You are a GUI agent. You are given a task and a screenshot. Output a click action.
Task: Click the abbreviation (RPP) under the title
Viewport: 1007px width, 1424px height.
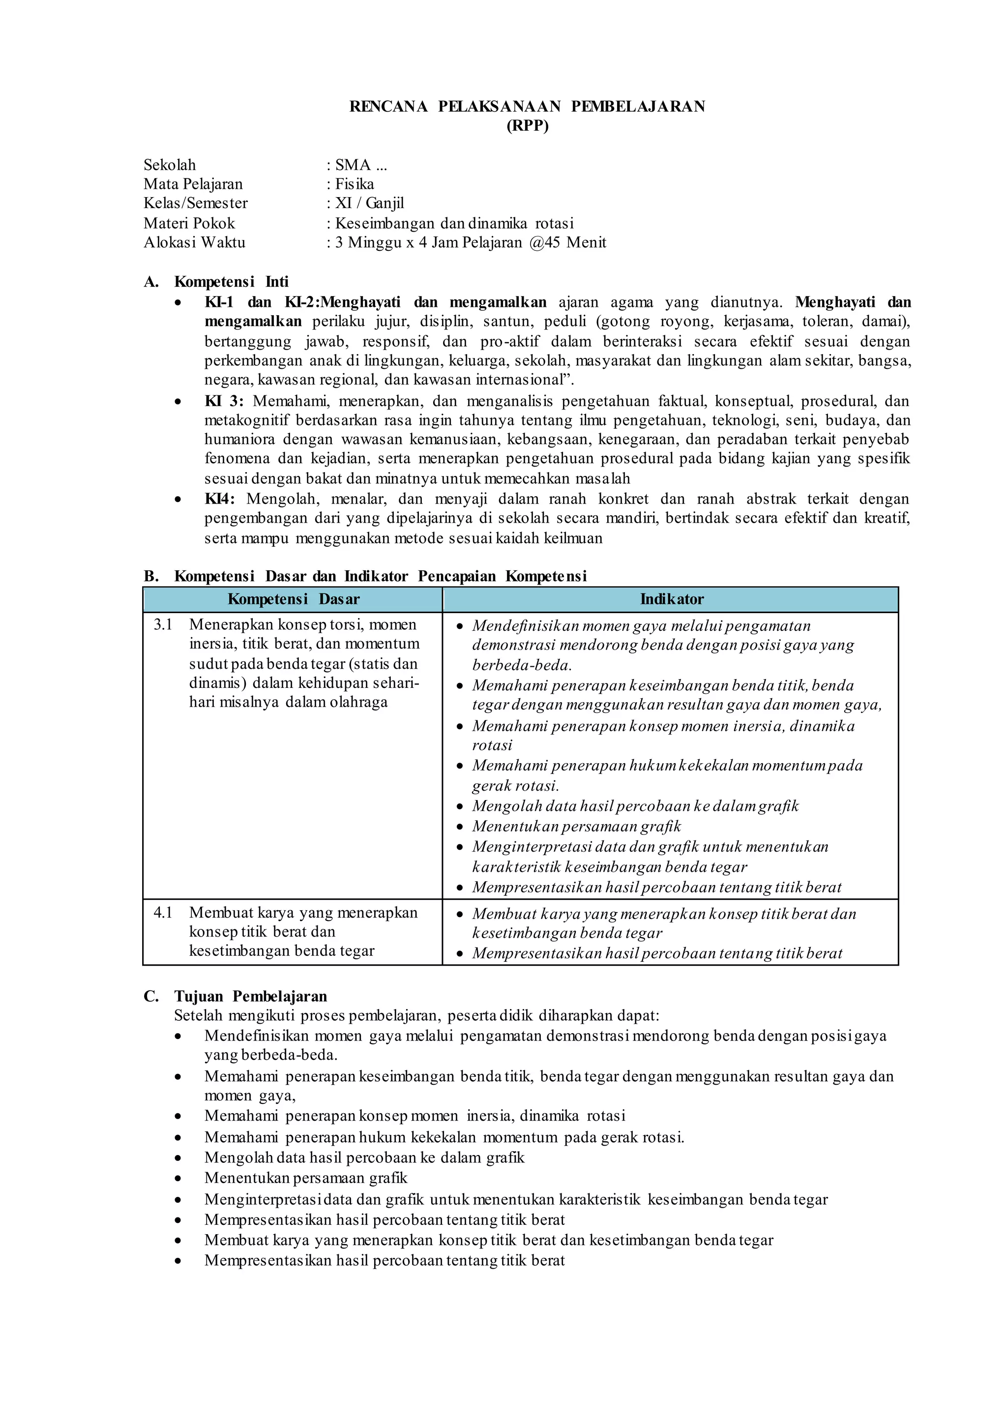527,126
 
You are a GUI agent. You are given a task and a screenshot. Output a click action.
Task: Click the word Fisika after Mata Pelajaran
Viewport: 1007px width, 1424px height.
355,184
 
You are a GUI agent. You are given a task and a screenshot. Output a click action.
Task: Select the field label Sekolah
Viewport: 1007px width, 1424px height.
169,165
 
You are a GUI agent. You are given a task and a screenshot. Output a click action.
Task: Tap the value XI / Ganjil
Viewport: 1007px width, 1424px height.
370,204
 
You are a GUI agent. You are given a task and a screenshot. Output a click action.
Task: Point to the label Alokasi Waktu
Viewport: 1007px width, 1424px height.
194,242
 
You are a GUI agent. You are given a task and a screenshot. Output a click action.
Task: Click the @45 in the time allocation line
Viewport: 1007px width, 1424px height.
544,242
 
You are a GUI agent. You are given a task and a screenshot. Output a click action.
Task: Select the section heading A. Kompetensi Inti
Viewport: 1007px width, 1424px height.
216,282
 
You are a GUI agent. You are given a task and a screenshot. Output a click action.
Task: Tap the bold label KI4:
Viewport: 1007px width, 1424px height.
219,499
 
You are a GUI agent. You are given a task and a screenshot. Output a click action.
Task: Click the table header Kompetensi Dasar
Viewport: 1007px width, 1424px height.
293,599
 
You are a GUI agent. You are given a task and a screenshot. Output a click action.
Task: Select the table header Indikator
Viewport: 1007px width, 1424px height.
672,599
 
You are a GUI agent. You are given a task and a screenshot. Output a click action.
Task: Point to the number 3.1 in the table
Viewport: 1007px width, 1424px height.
163,624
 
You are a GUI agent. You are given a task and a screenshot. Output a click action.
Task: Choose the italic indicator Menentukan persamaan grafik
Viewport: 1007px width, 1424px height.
576,826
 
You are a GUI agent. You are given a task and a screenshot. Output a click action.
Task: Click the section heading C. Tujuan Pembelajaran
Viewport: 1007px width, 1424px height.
236,996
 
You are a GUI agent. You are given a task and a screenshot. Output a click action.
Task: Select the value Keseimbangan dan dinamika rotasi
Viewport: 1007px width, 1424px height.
454,223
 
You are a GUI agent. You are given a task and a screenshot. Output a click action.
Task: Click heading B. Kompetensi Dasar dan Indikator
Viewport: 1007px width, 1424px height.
365,576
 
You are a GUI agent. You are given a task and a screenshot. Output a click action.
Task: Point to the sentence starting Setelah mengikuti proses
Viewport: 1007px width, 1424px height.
416,1015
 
